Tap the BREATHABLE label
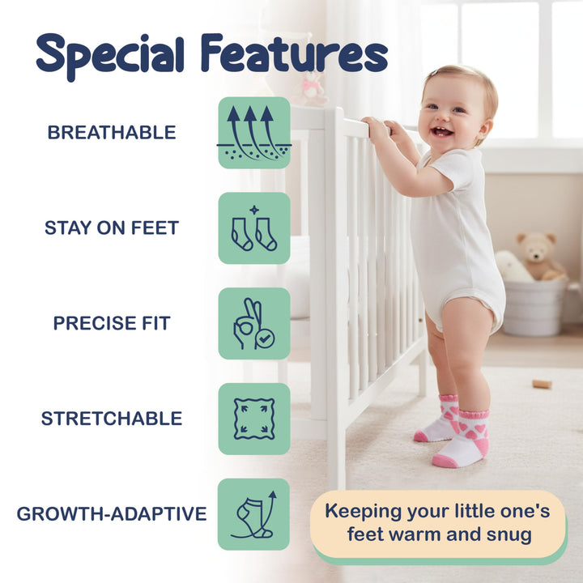coord(112,133)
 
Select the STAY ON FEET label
coord(112,228)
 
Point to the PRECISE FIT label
coord(112,323)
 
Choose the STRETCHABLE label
coord(112,419)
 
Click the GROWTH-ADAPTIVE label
coord(112,514)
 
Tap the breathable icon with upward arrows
coord(254,133)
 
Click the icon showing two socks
coord(254,228)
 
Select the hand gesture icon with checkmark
coord(254,323)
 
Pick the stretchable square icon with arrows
coord(254,419)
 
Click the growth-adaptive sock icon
coord(254,514)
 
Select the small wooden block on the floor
coord(542,383)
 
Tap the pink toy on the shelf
coord(310,88)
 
